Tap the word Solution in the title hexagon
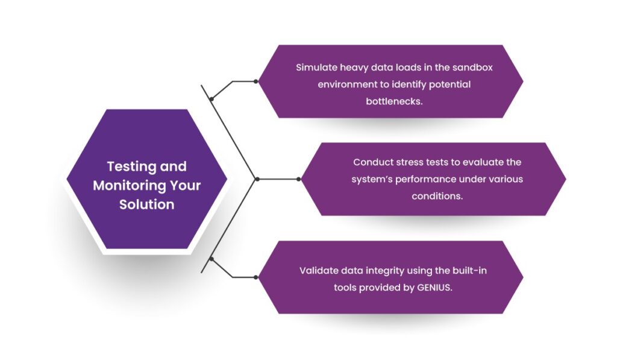[x=146, y=204]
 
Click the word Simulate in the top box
[x=316, y=68]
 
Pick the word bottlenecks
[x=394, y=101]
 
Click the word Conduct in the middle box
[x=373, y=162]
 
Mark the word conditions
[x=437, y=196]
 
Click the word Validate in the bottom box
[x=319, y=271]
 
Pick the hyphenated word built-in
[x=468, y=271]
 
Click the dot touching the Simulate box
[x=256, y=81]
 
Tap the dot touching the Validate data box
[x=256, y=277]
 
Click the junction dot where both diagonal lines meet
[x=257, y=179]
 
